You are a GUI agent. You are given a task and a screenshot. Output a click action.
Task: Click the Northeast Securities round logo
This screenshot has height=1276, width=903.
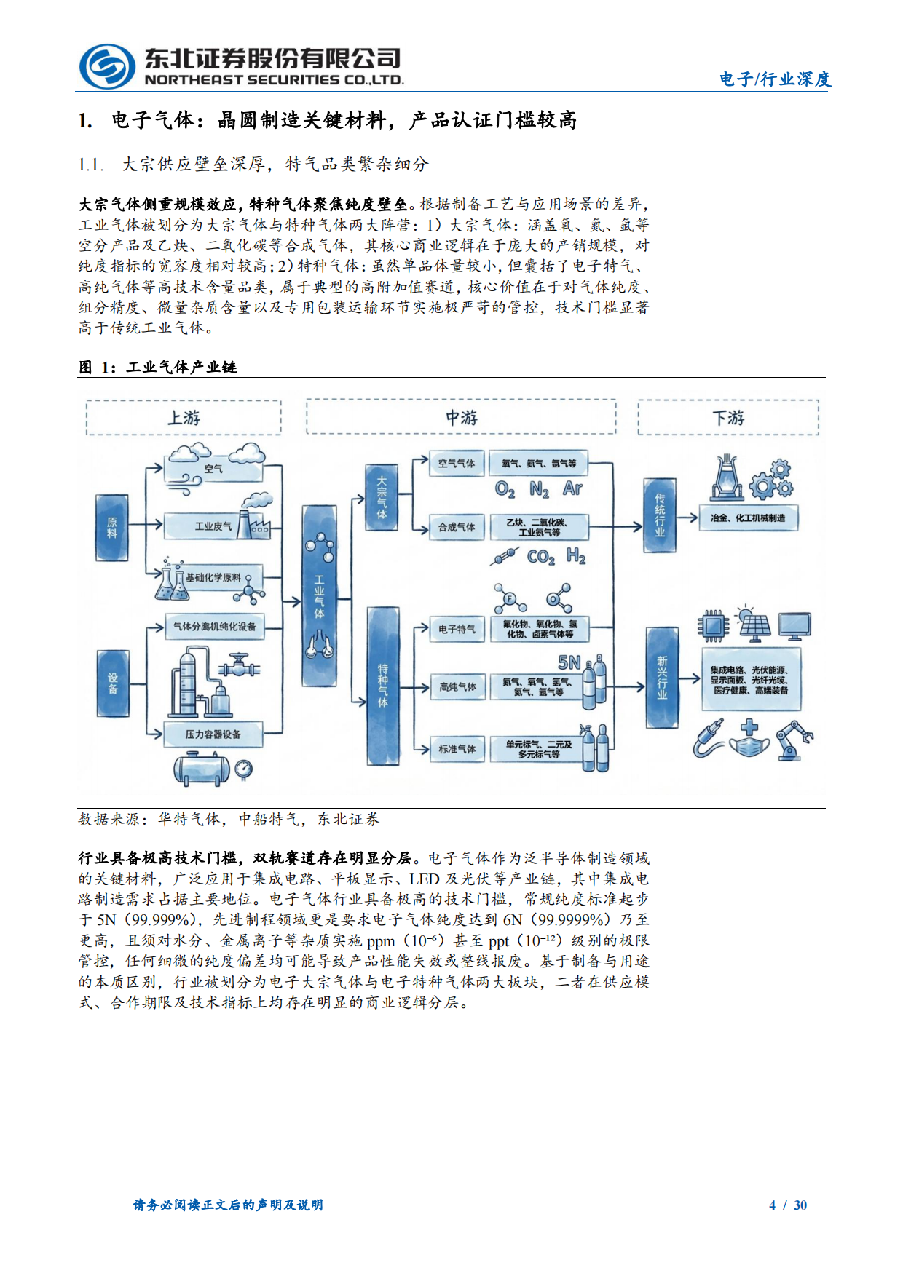(107, 67)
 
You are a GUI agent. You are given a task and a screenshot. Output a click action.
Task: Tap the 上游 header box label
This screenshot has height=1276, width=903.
(184, 418)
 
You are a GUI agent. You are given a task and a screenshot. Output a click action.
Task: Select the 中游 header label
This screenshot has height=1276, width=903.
(461, 418)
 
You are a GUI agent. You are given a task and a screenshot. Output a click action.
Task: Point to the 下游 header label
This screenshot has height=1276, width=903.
(728, 418)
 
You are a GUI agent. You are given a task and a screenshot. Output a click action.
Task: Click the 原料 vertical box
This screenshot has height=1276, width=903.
(112, 528)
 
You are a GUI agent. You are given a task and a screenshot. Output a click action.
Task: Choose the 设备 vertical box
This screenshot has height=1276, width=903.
(112, 683)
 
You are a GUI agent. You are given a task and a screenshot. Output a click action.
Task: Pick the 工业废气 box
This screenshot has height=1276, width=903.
(213, 526)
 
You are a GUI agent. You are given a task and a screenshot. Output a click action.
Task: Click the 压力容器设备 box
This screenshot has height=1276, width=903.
(213, 734)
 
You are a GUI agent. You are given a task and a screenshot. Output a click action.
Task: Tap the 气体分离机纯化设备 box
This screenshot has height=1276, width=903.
(214, 626)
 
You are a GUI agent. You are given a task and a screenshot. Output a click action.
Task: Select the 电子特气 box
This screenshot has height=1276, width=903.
(457, 629)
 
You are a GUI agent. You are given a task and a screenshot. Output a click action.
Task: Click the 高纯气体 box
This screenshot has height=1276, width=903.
(457, 686)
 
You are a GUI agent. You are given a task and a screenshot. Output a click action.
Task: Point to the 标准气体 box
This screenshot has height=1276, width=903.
(457, 749)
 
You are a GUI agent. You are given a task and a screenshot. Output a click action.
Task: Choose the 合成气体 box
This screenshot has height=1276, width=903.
(457, 527)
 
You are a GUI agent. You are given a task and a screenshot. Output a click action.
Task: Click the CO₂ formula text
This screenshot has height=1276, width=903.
(540, 558)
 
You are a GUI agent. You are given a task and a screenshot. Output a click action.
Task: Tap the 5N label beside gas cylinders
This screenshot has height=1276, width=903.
(569, 662)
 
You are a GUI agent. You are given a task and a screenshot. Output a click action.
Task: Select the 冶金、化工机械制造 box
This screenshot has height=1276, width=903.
(748, 518)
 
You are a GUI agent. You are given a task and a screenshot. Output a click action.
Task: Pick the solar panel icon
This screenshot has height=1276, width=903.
(754, 626)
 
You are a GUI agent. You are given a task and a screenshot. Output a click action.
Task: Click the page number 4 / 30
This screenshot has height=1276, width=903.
(788, 1205)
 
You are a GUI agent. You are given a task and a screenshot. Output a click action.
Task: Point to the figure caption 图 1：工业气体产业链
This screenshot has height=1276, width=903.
(158, 367)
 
